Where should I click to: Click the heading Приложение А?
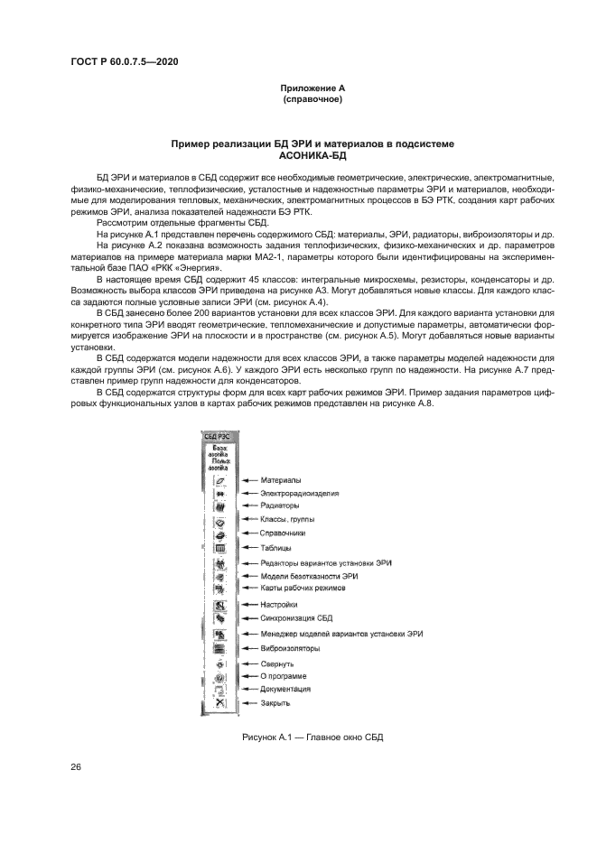tap(312, 88)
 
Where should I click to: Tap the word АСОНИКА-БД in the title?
tap(312, 155)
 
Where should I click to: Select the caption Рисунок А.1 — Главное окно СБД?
tap(312, 737)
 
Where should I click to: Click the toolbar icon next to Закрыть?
tap(219, 702)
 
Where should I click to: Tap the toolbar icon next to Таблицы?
tap(219, 548)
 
